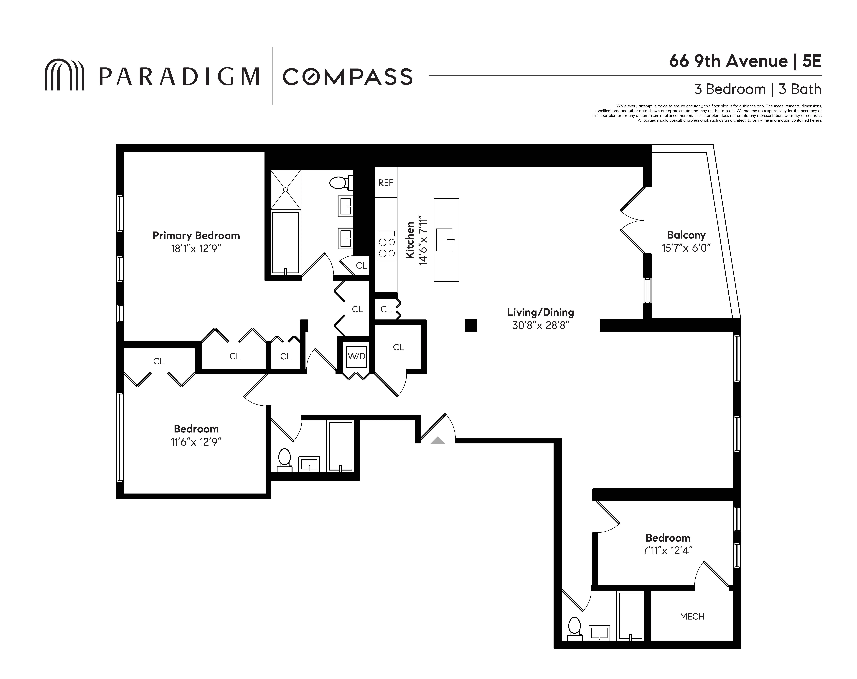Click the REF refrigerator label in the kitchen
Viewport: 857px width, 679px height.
tap(385, 183)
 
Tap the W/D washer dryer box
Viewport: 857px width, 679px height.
tap(356, 356)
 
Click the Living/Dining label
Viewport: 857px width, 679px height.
tap(540, 312)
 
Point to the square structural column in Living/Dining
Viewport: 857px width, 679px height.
tap(471, 325)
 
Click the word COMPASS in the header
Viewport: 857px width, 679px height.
tap(347, 77)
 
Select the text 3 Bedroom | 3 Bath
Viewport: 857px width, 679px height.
tap(757, 89)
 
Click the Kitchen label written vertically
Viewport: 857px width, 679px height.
tap(410, 240)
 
